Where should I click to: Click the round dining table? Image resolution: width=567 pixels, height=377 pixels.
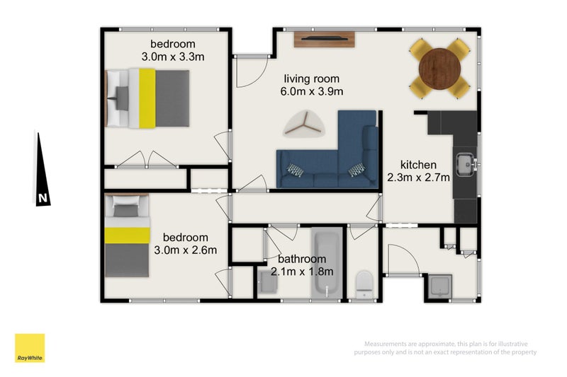(x=439, y=69)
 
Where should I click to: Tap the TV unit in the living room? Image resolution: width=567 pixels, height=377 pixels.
(x=324, y=40)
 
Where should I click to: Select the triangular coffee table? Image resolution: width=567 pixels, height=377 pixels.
(x=304, y=124)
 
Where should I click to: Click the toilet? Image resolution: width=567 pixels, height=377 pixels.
(x=364, y=284)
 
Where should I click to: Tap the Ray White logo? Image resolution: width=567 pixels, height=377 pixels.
(x=30, y=348)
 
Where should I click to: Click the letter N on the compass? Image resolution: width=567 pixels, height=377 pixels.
(x=43, y=198)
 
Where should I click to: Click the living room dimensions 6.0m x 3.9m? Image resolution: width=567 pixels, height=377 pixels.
(x=312, y=92)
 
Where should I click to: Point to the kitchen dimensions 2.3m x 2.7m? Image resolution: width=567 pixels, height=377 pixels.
(x=418, y=178)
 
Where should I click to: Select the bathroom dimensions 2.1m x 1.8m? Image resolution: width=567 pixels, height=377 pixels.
(x=302, y=272)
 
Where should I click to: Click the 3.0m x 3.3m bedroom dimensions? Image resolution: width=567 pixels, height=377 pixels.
(x=173, y=57)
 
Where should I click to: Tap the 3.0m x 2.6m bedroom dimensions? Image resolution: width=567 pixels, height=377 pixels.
(x=186, y=250)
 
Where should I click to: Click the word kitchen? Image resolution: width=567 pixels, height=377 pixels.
(x=418, y=165)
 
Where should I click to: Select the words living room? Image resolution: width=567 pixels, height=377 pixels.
(x=312, y=79)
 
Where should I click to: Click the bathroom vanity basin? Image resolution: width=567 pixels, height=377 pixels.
(x=268, y=282)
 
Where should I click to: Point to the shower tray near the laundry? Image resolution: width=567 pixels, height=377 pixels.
(x=439, y=286)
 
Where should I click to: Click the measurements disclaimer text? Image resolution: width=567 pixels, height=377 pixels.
(x=445, y=348)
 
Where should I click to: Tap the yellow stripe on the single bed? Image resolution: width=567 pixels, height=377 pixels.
(x=128, y=236)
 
